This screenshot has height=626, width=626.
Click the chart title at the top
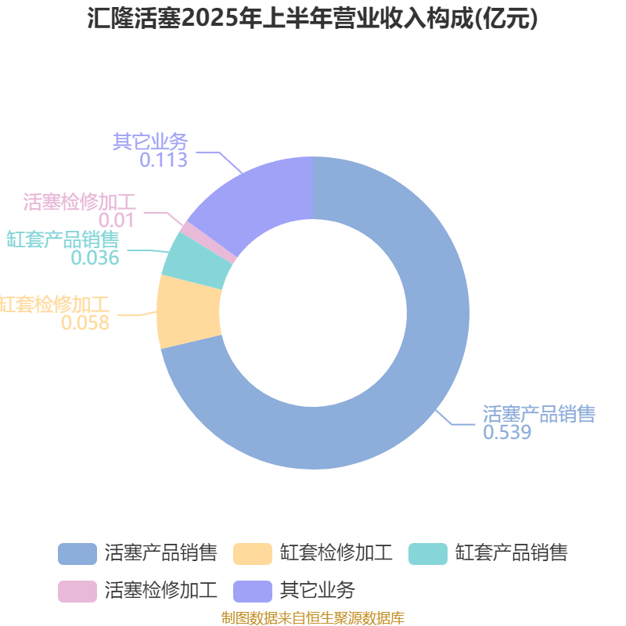click(x=312, y=18)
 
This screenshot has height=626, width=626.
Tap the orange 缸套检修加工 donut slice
click(x=189, y=311)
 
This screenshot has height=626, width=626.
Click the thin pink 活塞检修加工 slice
click(x=208, y=243)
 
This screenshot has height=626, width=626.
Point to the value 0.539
click(x=507, y=432)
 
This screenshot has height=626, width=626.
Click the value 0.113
click(x=164, y=160)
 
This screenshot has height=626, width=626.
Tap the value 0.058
click(x=85, y=322)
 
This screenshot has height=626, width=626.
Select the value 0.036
click(x=95, y=257)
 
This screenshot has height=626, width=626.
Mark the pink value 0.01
click(x=117, y=220)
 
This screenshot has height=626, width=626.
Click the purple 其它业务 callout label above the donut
click(x=150, y=142)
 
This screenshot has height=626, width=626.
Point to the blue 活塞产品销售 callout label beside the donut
click(x=539, y=414)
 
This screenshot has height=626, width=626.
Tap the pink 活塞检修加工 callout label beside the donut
click(x=80, y=202)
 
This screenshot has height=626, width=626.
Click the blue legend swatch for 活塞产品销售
click(x=77, y=554)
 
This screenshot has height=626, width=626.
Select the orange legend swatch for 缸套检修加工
click(x=253, y=554)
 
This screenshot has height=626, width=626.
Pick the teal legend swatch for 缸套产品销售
click(x=428, y=554)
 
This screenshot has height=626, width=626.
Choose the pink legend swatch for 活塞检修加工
click(x=77, y=592)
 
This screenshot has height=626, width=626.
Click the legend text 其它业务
click(x=318, y=590)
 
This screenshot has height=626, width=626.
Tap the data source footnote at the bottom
click(x=313, y=617)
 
